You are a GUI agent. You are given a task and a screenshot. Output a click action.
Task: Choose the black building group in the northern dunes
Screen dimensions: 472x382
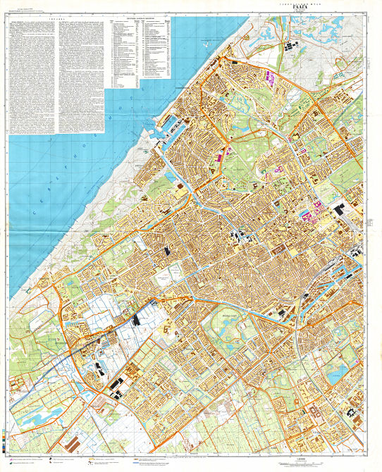[x=290, y=47]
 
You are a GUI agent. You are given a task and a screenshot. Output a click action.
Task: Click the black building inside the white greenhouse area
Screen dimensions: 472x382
[x=135, y=319]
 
